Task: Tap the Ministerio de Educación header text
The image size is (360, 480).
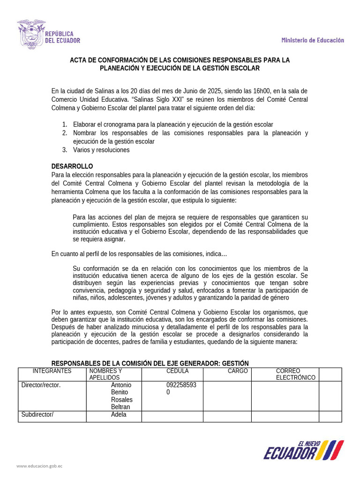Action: pyautogui.click(x=313, y=40)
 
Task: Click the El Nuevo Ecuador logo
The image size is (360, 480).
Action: pyautogui.click(x=304, y=450)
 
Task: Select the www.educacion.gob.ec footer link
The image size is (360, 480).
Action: pyautogui.click(x=39, y=466)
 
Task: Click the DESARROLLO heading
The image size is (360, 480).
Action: pyautogui.click(x=72, y=166)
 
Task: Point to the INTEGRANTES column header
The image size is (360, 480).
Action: pyautogui.click(x=52, y=371)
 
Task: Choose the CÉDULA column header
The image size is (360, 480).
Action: pyautogui.click(x=177, y=371)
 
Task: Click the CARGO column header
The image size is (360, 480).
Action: pyautogui.click(x=238, y=371)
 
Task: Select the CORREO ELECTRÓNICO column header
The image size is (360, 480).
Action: pyautogui.click(x=295, y=374)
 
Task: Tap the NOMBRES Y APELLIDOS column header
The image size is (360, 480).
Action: pyautogui.click(x=105, y=374)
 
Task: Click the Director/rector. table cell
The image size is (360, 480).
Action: pyautogui.click(x=41, y=385)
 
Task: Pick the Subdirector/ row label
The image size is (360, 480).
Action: pyautogui.click(x=37, y=415)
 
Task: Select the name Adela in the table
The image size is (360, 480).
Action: pyautogui.click(x=119, y=415)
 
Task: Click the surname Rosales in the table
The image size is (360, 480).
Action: pyautogui.click(x=121, y=400)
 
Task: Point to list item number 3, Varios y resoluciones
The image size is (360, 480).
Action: pyautogui.click(x=101, y=150)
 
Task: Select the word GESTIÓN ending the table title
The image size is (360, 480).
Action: pyautogui.click(x=235, y=363)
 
